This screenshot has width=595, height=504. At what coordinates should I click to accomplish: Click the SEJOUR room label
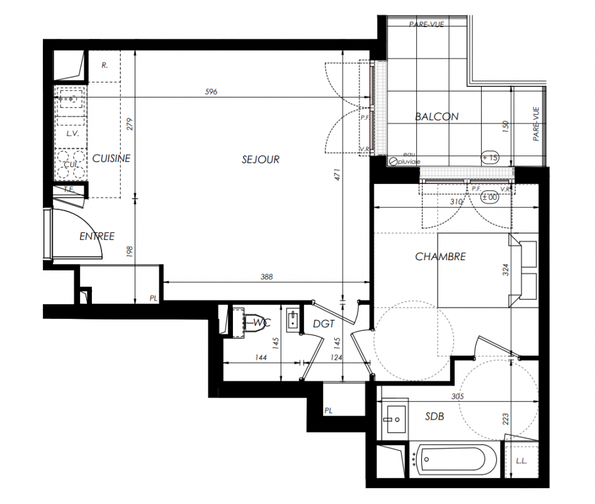(x=261, y=159)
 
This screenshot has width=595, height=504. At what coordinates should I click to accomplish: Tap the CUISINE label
(x=111, y=158)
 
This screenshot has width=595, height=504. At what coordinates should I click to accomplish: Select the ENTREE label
(x=97, y=236)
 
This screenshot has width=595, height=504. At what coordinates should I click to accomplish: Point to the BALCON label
(x=437, y=117)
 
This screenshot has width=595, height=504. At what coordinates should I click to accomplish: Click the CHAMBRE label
(x=440, y=257)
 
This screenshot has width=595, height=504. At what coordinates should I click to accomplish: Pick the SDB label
(x=434, y=416)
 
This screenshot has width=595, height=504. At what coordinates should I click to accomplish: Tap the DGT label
(x=324, y=324)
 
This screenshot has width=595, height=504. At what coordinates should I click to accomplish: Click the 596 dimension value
(x=211, y=91)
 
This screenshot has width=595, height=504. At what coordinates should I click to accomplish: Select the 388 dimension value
(x=266, y=277)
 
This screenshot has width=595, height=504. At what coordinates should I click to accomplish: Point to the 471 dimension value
(x=337, y=175)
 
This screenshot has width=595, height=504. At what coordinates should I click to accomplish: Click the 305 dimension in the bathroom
(x=458, y=396)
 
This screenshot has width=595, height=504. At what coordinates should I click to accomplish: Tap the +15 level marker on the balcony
(x=490, y=157)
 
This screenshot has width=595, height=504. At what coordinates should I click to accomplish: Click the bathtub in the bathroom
(x=453, y=459)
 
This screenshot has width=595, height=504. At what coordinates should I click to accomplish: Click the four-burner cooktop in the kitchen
(x=71, y=164)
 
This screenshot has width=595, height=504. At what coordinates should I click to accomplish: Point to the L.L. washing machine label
(x=521, y=461)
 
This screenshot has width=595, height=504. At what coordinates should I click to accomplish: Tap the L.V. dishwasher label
(x=72, y=134)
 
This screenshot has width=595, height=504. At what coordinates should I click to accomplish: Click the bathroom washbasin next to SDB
(x=394, y=420)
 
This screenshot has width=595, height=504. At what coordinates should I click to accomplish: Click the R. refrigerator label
(x=105, y=66)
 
